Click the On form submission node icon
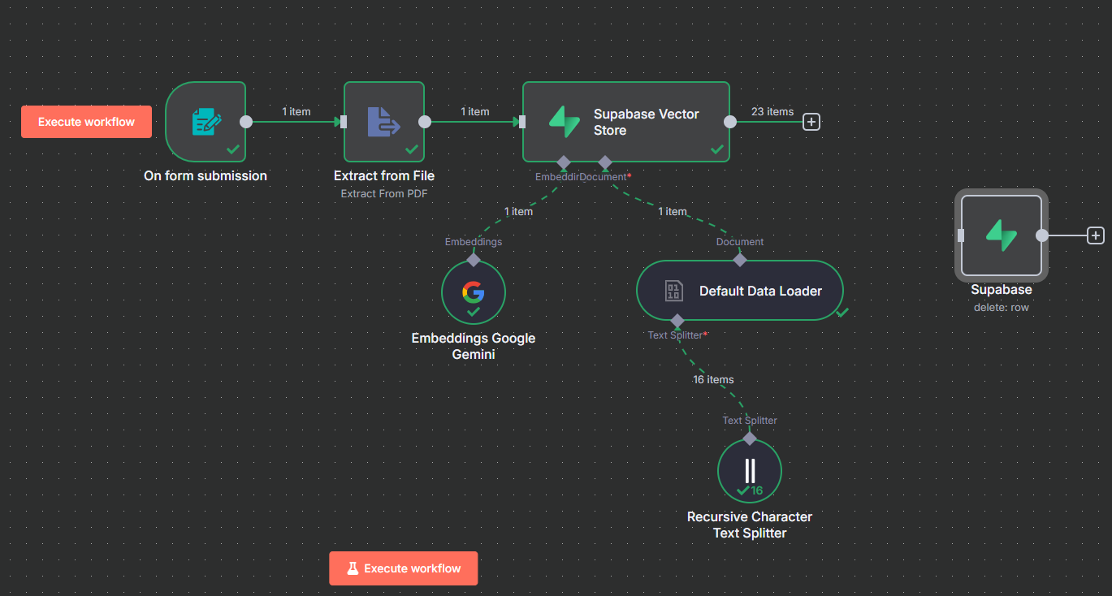tap(206, 122)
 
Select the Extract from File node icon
tap(383, 122)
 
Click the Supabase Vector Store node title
tap(646, 122)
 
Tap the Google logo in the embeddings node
tap(473, 292)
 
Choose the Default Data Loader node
tap(740, 291)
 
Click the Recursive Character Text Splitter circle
tap(750, 471)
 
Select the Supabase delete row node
tap(1002, 235)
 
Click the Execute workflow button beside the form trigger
tap(86, 122)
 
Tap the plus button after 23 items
tap(811, 122)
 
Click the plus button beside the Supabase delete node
tap(1096, 235)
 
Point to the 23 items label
tap(772, 112)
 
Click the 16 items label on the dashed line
tap(713, 380)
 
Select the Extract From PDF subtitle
tap(383, 193)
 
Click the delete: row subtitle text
tap(1002, 307)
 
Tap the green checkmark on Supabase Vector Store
tap(717, 149)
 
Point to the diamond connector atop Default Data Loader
tap(740, 260)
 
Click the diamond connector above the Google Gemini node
tap(473, 260)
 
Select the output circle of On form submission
tap(246, 122)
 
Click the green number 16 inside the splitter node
tap(756, 490)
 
